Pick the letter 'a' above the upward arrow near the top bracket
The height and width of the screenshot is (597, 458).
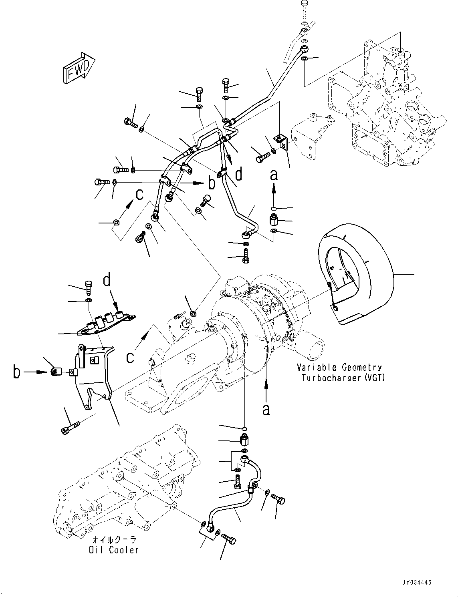[x=274, y=175]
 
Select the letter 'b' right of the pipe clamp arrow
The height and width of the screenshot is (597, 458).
[x=212, y=183]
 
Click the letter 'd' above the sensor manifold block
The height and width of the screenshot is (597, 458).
[x=107, y=280]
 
